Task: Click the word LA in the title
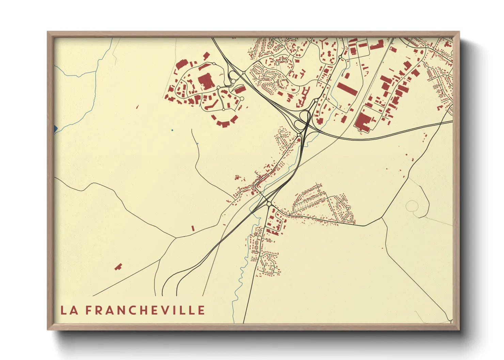68,310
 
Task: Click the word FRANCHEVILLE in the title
145,310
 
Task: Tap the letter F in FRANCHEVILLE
88,310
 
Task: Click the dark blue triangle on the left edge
56,129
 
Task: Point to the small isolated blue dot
172,130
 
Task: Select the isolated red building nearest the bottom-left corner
118,267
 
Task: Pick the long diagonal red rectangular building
347,89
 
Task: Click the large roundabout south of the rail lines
269,204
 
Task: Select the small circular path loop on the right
412,206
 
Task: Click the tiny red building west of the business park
137,107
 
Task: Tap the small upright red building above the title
193,228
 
